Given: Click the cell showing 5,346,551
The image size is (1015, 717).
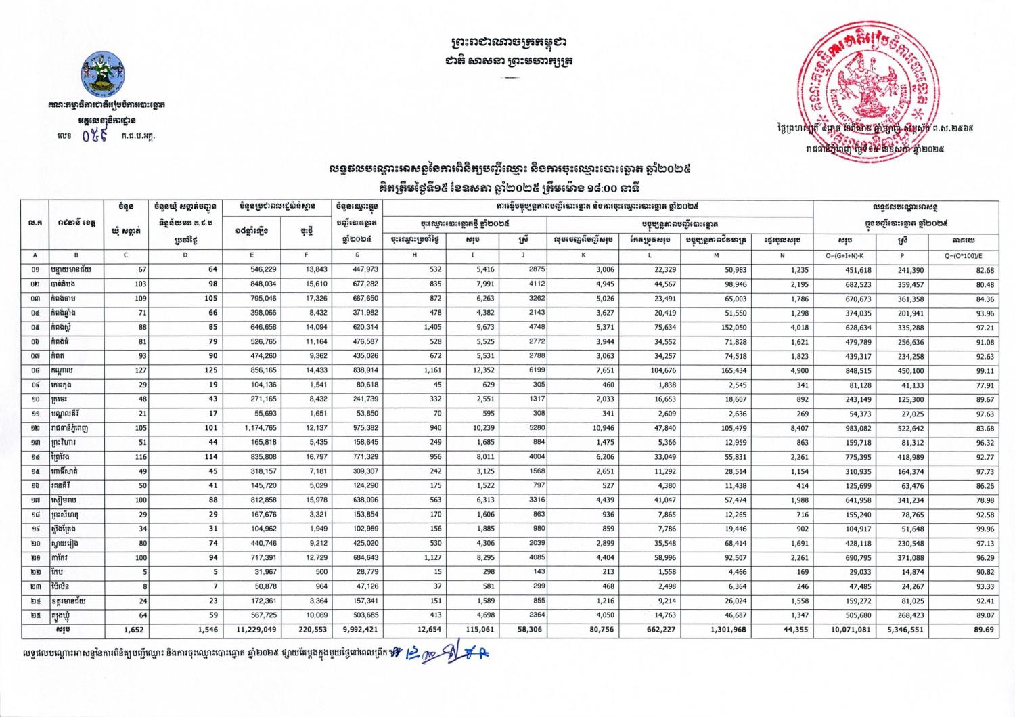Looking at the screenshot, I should [x=903, y=630].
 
